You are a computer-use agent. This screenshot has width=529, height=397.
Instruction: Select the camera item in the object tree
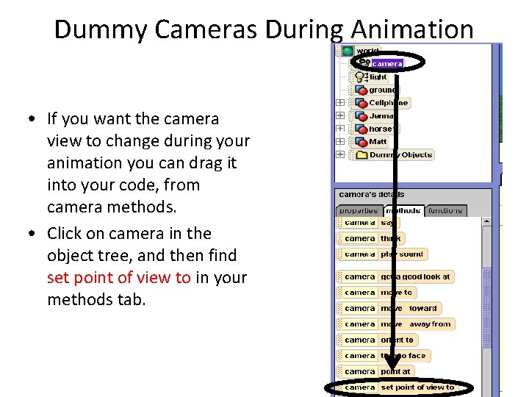pos(386,64)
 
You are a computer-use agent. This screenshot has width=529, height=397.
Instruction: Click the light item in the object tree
pos(378,76)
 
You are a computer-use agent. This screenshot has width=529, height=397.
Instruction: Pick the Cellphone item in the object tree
pos(388,103)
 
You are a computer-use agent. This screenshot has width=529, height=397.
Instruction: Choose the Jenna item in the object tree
pos(381,115)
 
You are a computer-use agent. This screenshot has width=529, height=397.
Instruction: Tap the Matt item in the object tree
pos(378,141)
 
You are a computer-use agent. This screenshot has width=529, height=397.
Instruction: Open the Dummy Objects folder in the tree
pos(400,155)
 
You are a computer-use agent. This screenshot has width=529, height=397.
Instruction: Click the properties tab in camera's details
pos(358,211)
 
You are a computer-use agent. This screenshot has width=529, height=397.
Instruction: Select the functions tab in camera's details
pos(445,211)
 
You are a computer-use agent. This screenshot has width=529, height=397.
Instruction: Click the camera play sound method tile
pos(382,254)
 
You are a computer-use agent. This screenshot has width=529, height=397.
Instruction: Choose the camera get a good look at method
pos(396,277)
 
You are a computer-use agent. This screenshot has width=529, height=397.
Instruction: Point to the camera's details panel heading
pos(370,194)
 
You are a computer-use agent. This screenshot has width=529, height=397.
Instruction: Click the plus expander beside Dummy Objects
pos(340,155)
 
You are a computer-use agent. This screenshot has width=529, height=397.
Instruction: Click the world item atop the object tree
pos(367,51)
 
